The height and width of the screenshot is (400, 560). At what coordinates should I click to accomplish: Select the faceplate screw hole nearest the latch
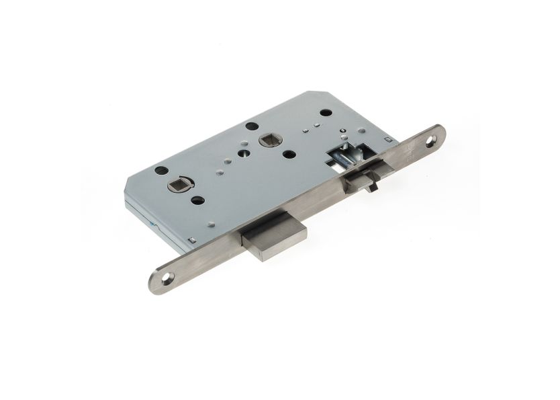coord(430,141)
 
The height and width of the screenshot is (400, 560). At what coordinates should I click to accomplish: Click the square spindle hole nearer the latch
coord(266,141)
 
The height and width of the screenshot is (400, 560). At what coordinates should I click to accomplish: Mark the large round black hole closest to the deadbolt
coord(197,200)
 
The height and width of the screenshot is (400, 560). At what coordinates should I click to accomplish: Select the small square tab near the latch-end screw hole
coord(387,140)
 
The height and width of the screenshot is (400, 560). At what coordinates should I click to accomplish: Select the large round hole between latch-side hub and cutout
coord(289,154)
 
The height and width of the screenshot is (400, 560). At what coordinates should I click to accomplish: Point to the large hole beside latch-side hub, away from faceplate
coord(252,126)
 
